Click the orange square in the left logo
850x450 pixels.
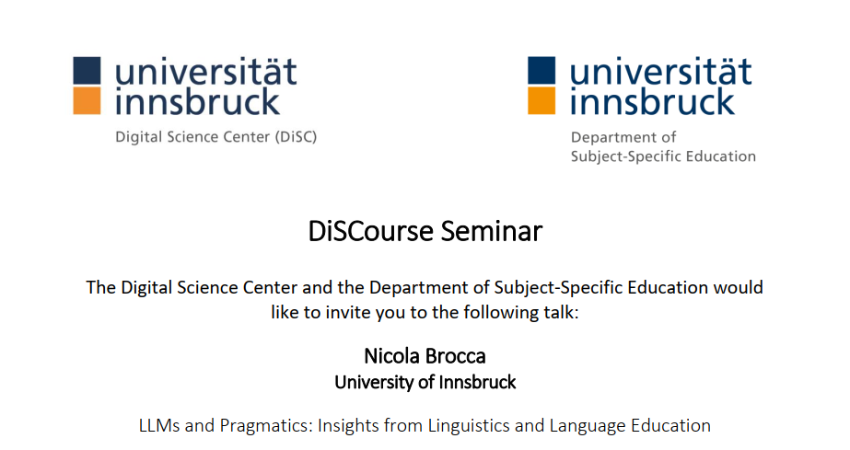pos(87,100)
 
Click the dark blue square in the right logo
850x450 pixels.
pos(541,70)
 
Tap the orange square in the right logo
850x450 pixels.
pos(541,100)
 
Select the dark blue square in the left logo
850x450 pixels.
pos(87,70)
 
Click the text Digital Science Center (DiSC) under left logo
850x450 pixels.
pos(215,137)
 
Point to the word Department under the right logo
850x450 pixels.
pos(611,138)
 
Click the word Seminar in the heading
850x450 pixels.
pos(491,231)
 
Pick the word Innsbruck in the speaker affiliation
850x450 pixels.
pos(477,382)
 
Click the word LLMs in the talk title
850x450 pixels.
pos(159,426)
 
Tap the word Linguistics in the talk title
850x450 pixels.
pos(469,427)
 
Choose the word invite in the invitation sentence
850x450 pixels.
pos(345,313)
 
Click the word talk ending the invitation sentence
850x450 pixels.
pos(562,313)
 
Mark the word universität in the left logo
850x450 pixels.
pos(206,72)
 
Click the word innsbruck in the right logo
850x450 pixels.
pos(652,101)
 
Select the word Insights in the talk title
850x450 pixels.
pos(351,427)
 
